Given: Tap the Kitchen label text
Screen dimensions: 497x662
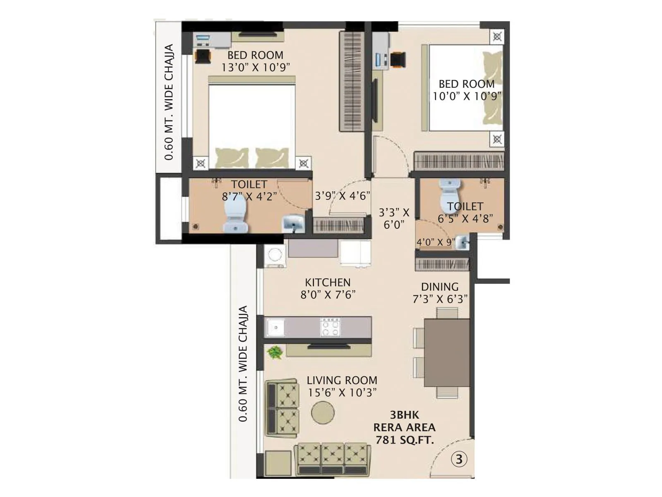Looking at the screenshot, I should coord(328,282).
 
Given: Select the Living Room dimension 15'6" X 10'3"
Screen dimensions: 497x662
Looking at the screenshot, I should coord(342,392).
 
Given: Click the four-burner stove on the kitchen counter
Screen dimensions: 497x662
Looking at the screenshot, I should coord(330,327).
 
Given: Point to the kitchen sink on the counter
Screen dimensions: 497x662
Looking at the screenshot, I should coord(275,327).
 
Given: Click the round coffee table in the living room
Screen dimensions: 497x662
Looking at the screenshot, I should coord(323,413).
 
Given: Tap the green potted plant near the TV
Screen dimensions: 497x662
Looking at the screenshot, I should coord(274,352).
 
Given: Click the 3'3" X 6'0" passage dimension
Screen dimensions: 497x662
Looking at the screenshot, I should coord(394,218).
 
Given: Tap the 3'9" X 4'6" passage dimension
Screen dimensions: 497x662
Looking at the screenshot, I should coord(342,195).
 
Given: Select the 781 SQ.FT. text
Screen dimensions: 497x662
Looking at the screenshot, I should coord(405,440).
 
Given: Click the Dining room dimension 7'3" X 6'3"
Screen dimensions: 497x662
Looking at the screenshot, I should coord(440,299).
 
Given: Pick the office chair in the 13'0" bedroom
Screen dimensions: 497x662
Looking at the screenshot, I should coord(202,56).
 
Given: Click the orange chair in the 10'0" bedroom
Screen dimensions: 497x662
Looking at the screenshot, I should coord(397,59).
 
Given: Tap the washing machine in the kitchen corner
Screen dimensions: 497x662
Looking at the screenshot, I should coord(275,256).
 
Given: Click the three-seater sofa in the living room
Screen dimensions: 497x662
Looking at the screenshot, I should coord(333,458).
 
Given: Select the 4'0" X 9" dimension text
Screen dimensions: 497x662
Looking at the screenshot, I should coord(435,242).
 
